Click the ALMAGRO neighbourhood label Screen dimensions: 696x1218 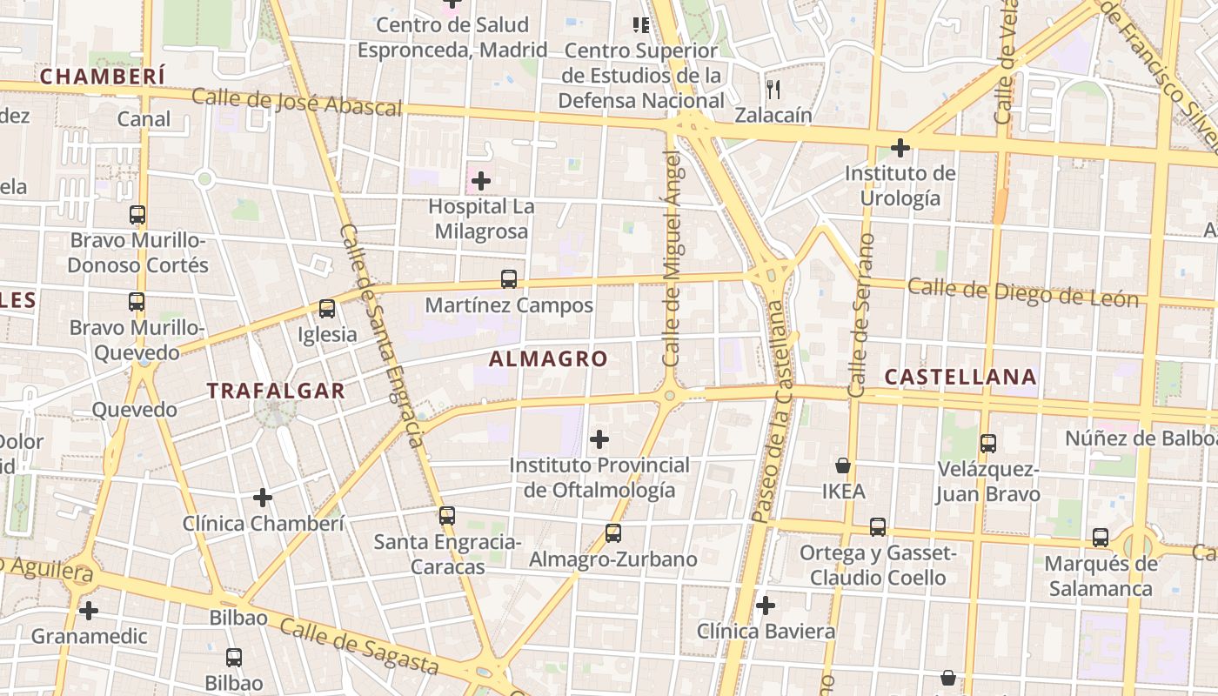tap(548, 358)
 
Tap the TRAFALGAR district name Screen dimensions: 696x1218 tap(276, 391)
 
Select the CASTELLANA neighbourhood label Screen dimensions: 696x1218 tap(960, 377)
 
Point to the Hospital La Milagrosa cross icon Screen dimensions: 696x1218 tap(480, 181)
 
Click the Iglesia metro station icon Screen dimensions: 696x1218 tap(327, 309)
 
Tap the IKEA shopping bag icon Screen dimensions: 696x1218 tap(842, 465)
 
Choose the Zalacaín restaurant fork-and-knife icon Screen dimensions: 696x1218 tap(773, 89)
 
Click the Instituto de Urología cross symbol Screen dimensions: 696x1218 tap(900, 148)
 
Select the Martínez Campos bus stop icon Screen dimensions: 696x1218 tap(509, 279)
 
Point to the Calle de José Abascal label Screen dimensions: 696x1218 tap(297, 101)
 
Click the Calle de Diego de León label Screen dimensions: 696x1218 tap(1022, 292)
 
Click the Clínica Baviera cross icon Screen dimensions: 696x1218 tap(766, 606)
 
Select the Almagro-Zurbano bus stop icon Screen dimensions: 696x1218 tap(613, 533)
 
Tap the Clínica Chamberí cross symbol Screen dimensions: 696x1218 tap(263, 498)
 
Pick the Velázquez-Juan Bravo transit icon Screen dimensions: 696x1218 tap(988, 444)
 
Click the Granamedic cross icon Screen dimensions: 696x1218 tap(89, 611)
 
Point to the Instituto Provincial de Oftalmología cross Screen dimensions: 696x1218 tap(599, 439)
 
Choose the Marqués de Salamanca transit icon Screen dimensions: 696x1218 tap(1101, 538)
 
